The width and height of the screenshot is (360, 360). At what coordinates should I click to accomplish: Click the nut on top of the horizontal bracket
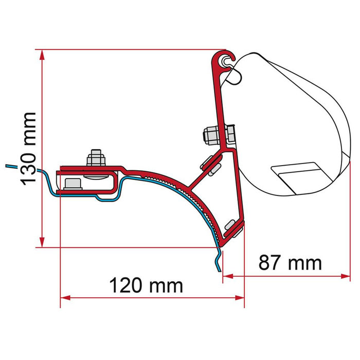pyautogui.click(x=95, y=157)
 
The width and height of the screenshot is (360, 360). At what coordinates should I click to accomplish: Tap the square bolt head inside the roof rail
pyautogui.click(x=74, y=183)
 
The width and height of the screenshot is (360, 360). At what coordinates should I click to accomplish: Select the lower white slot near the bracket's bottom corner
pyautogui.click(x=232, y=225)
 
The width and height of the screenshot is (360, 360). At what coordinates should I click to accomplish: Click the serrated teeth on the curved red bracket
pyautogui.click(x=195, y=203)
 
